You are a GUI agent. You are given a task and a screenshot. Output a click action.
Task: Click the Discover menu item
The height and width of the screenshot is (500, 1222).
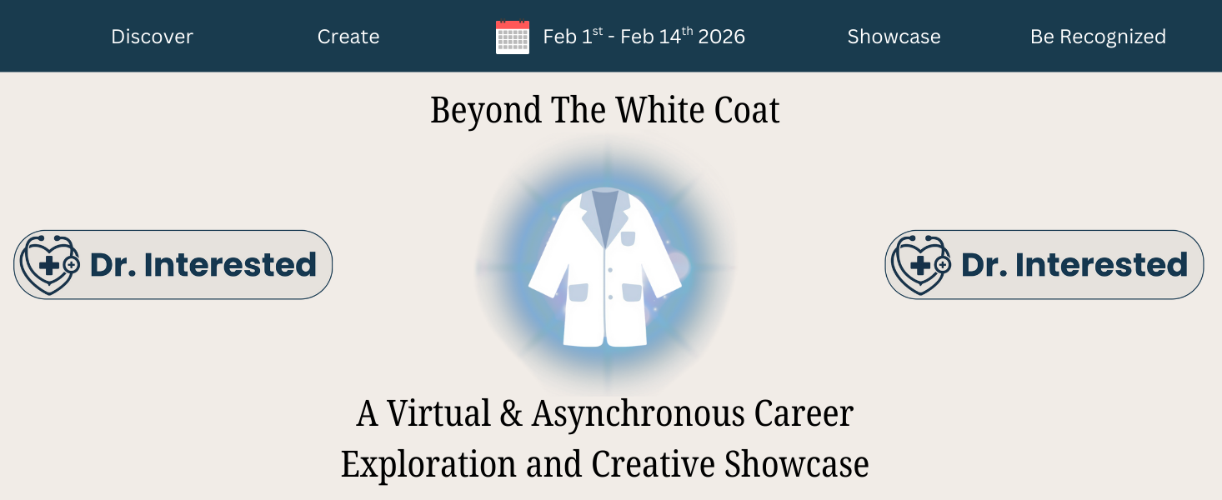(x=152, y=37)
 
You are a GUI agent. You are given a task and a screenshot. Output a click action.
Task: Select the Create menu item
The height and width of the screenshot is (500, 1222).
(x=348, y=37)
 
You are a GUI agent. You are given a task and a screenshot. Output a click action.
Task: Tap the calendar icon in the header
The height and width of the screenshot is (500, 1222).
(x=513, y=37)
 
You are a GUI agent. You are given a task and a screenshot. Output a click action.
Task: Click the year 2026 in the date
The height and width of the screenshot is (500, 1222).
(x=722, y=37)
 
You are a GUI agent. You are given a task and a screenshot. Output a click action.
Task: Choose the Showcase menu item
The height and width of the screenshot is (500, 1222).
(x=894, y=37)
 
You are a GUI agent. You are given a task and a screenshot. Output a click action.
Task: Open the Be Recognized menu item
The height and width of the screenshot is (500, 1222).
(x=1098, y=37)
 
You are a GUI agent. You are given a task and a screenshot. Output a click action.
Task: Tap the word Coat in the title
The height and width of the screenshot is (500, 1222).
(x=748, y=111)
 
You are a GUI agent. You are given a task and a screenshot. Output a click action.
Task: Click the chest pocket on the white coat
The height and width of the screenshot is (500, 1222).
(x=628, y=239)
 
